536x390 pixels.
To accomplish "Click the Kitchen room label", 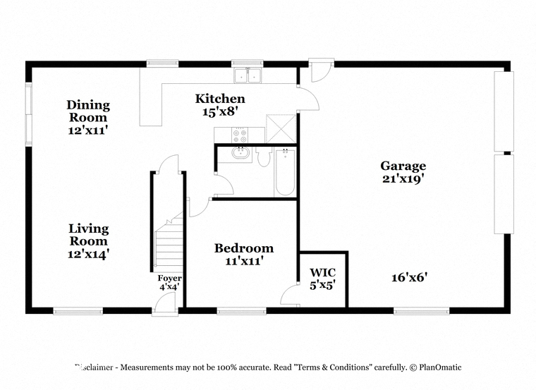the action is click(220, 99).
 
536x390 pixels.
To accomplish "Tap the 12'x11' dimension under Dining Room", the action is click(88, 130).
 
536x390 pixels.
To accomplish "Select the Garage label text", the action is click(403, 166).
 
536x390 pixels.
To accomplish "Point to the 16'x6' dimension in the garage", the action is click(410, 277).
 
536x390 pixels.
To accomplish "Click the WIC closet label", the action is click(323, 272).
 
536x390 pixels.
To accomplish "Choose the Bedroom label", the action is click(244, 248).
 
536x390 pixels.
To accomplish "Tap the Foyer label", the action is click(169, 279).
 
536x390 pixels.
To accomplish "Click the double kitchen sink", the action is click(248, 75).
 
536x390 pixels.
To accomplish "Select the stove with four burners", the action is click(239, 135).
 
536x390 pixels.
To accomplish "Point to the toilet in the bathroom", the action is click(264, 157).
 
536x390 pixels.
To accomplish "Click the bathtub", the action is click(285, 172).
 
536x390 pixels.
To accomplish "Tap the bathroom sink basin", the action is click(240, 153).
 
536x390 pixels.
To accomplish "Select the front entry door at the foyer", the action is click(164, 303).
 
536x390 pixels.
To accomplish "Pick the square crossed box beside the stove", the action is click(281, 128).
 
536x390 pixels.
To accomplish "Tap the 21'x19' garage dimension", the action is click(403, 178).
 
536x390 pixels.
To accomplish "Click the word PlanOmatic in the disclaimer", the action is click(440, 367).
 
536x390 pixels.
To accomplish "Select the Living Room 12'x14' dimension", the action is click(88, 254).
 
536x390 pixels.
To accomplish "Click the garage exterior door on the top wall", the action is click(322, 70).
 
